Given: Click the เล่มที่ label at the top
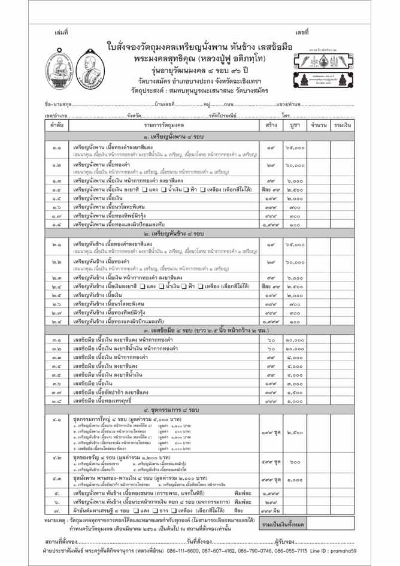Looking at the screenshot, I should (61, 31).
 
